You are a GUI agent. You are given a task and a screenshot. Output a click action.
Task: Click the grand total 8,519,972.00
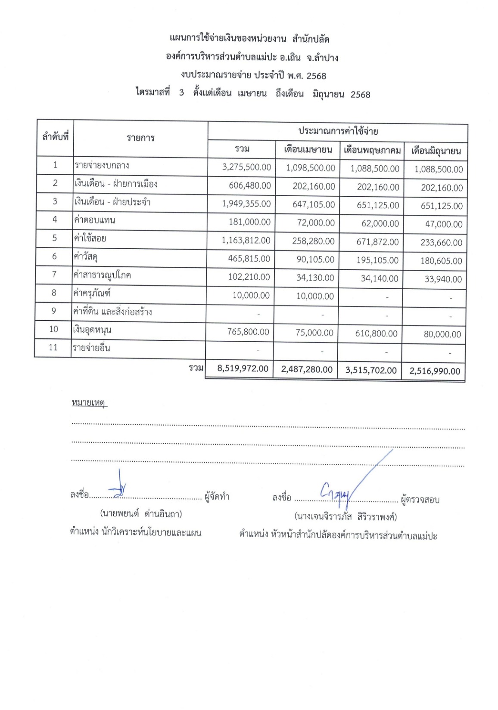(x=243, y=369)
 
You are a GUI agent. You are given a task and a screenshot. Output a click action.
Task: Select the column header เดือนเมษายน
(x=308, y=150)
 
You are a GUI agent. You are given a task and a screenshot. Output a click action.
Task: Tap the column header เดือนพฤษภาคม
(x=372, y=150)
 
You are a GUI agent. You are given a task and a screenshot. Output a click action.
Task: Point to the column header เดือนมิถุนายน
(x=436, y=151)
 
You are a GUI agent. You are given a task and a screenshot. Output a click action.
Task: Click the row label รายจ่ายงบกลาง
(x=102, y=165)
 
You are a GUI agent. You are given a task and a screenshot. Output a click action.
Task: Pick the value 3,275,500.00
(x=246, y=167)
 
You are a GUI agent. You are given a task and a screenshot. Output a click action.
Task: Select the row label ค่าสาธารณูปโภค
(x=102, y=275)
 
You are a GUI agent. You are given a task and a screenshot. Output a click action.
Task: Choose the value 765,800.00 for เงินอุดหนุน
(x=248, y=332)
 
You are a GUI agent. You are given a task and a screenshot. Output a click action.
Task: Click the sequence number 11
(x=53, y=347)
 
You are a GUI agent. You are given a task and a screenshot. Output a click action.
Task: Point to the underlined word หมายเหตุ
(x=89, y=403)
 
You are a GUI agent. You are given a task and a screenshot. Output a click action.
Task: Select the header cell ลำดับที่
(x=55, y=137)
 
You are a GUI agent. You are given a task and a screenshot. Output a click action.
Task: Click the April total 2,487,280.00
(x=306, y=370)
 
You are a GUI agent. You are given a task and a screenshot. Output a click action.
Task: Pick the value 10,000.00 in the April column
(x=315, y=296)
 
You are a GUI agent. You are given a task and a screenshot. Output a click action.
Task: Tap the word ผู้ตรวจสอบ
(x=420, y=500)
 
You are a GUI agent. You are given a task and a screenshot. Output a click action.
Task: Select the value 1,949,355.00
(x=246, y=204)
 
